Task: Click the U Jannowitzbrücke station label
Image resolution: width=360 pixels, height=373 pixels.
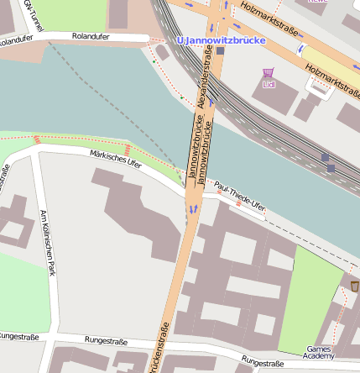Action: (x=221, y=39)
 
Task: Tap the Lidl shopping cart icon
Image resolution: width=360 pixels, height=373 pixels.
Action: (x=269, y=74)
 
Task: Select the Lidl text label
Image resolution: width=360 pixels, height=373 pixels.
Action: (x=269, y=85)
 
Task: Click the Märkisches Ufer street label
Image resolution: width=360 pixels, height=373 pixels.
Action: (x=115, y=158)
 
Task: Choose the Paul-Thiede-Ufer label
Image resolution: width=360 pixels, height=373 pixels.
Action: (x=240, y=196)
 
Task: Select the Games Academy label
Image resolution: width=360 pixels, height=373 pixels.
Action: (x=319, y=351)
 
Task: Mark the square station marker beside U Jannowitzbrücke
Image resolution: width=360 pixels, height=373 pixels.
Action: (x=221, y=51)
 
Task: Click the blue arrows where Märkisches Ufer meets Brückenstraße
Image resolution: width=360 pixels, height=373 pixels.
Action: (x=193, y=207)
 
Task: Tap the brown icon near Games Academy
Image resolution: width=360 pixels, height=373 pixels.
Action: (x=354, y=286)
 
